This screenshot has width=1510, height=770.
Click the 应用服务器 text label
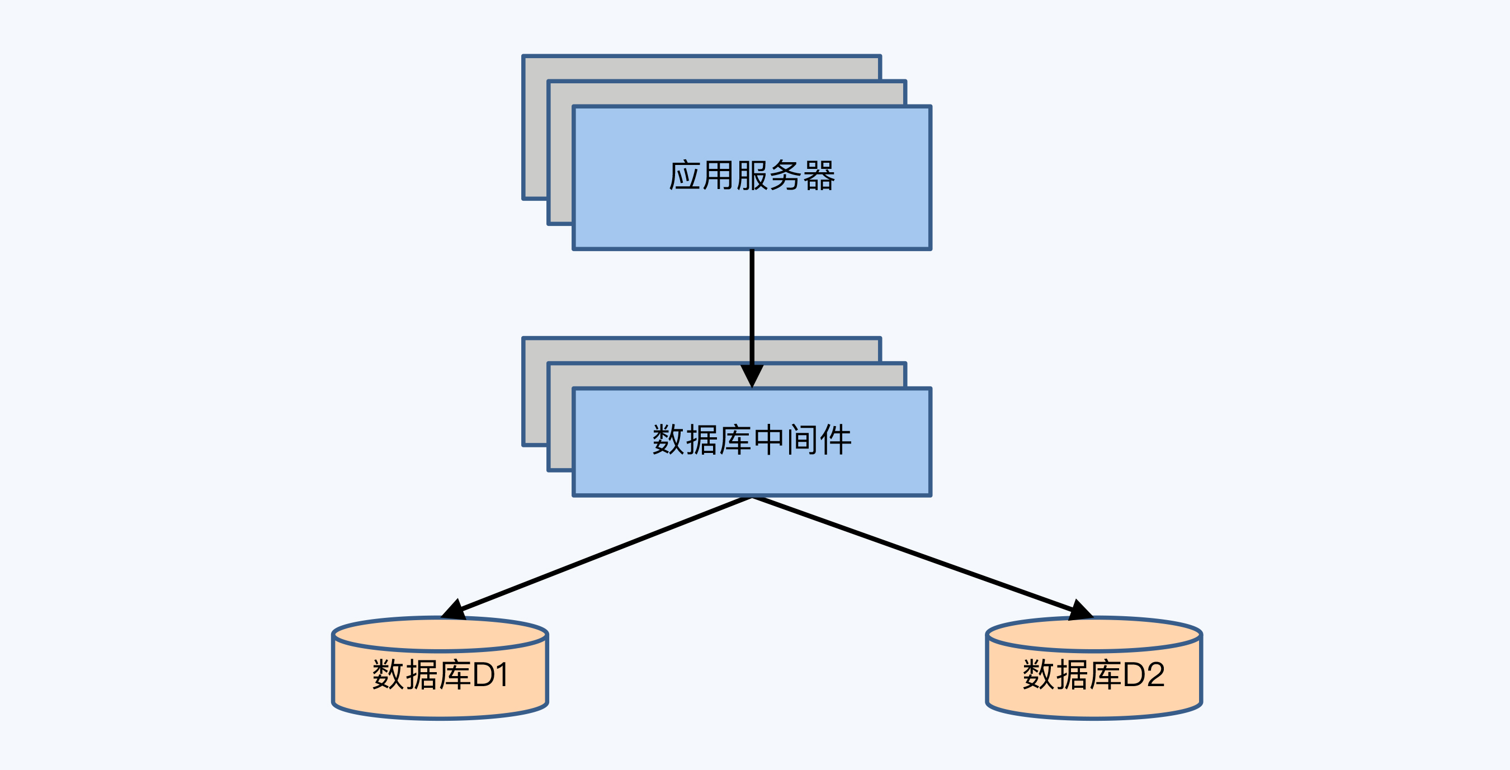752,176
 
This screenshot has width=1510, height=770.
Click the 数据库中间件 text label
752,440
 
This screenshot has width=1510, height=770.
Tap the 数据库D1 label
440,674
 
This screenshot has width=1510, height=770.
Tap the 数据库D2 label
1094,674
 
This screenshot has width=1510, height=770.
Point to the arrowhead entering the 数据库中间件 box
752,375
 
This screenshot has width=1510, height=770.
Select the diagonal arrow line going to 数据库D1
604,554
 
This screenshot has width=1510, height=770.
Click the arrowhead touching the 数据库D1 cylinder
454,610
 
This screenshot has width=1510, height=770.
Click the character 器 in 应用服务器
819,176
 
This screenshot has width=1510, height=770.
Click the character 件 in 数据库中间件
836,440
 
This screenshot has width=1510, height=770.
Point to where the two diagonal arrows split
752,498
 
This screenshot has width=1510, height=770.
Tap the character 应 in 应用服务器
685,176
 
